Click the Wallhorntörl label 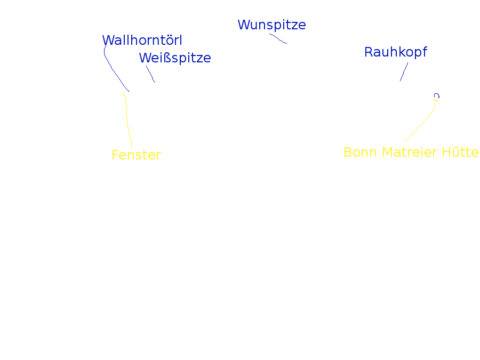click(142, 40)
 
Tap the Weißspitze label click(175, 58)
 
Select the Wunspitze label click(271, 25)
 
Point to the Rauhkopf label click(396, 52)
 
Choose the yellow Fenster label click(136, 155)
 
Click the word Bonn click(360, 153)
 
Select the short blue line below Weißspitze click(150, 74)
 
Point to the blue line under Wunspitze click(278, 38)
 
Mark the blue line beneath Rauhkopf click(404, 71)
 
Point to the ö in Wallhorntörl click(168, 41)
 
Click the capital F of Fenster click(115, 155)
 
